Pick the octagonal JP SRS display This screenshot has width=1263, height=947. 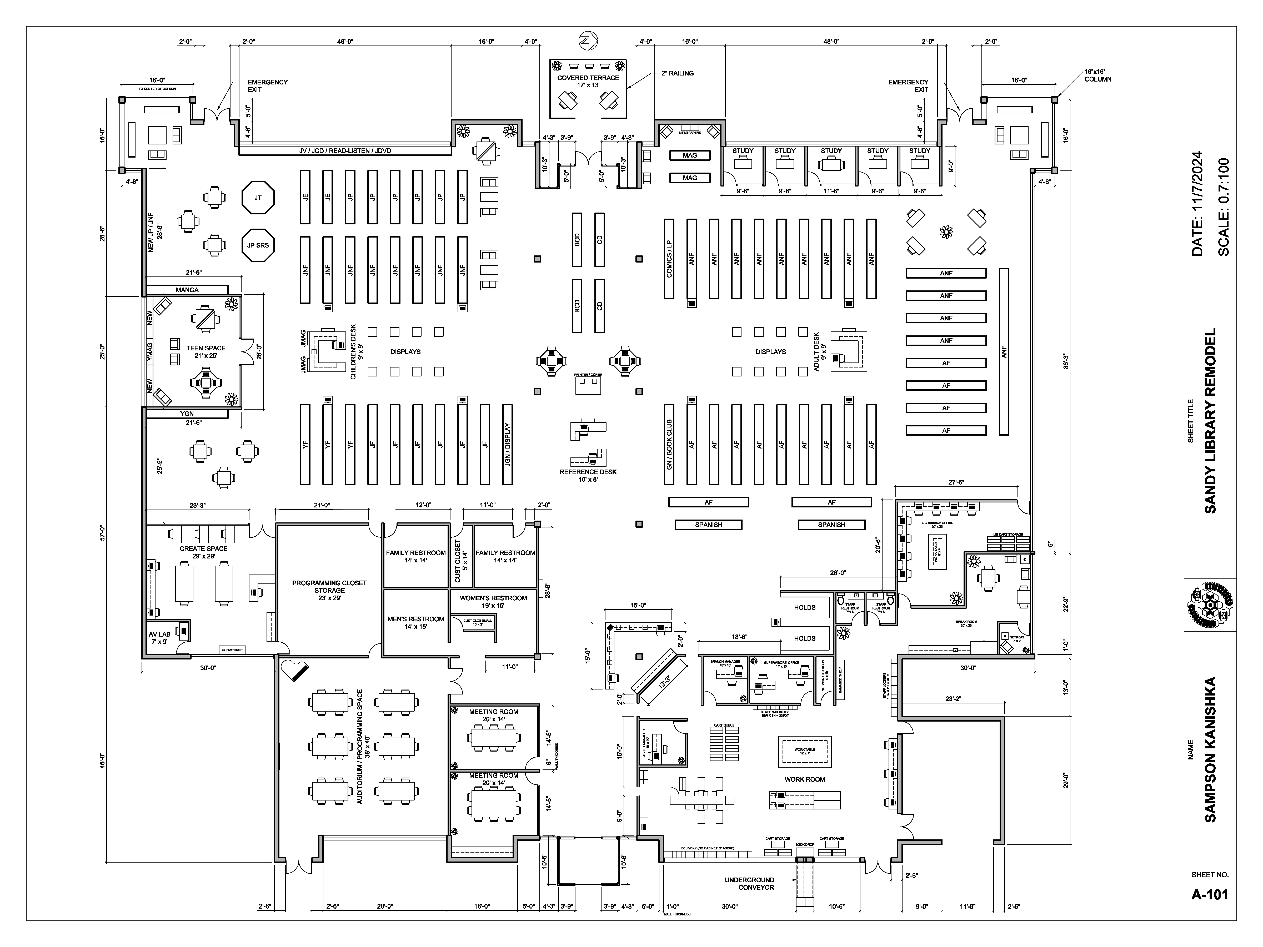click(258, 245)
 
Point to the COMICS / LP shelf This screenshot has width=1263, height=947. click(669, 259)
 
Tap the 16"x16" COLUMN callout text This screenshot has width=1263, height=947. click(1097, 76)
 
